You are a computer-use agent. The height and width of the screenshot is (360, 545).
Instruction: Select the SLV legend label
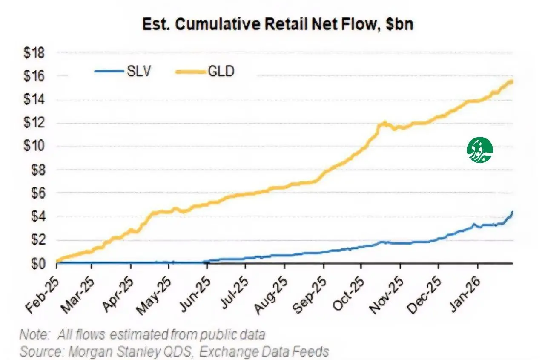(x=139, y=71)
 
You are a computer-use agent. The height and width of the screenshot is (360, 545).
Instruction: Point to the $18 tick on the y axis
(x=40, y=53)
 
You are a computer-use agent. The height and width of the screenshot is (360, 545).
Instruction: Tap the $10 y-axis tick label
(x=40, y=147)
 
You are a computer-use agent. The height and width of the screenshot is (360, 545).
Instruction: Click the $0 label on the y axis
(x=42, y=264)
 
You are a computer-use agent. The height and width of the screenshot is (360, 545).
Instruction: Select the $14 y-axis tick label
(x=40, y=100)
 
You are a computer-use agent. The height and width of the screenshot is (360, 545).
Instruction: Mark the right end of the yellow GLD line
(x=511, y=81)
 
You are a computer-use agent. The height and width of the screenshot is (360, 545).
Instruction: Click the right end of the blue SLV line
(x=512, y=212)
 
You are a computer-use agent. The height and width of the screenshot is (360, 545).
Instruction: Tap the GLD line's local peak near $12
(x=384, y=123)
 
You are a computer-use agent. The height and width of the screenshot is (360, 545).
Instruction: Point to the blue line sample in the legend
(x=109, y=71)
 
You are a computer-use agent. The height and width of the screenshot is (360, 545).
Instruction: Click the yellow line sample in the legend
(x=190, y=71)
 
